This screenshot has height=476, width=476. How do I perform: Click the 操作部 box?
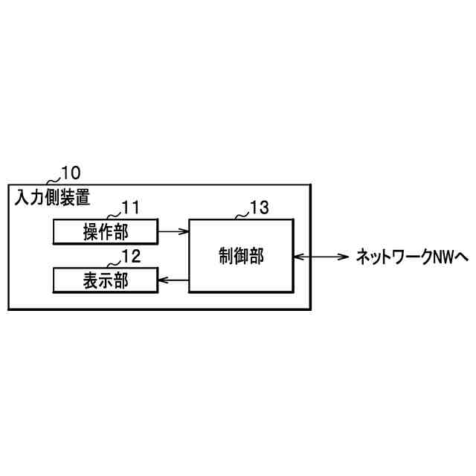[106, 232]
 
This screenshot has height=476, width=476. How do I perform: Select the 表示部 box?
[106, 280]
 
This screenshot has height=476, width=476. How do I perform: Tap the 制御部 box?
[241, 255]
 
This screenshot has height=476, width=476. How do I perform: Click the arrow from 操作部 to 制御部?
[173, 232]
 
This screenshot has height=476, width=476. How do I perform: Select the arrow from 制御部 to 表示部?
[173, 280]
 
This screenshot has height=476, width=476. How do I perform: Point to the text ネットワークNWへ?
[411, 257]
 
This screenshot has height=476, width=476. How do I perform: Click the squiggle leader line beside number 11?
[112, 214]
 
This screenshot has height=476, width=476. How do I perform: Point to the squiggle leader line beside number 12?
[113, 263]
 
